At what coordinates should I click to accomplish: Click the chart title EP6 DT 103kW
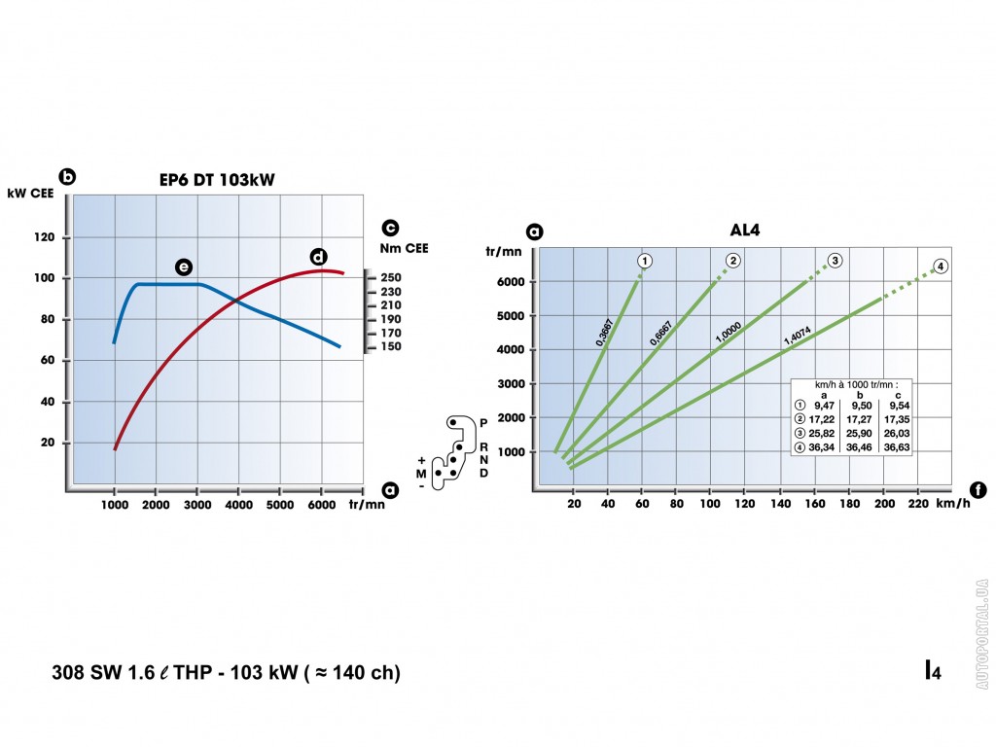(217, 179)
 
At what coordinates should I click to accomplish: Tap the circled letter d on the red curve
(318, 257)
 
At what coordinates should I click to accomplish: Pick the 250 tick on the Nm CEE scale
(391, 278)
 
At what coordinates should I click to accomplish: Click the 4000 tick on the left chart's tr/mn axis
(237, 505)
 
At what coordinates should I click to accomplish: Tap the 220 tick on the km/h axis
(917, 504)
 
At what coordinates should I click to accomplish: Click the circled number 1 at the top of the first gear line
(644, 260)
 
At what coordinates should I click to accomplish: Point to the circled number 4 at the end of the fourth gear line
(940, 267)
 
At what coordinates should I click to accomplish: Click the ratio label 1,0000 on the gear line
(728, 331)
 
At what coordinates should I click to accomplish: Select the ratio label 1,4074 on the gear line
(798, 336)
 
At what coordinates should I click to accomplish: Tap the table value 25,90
(859, 432)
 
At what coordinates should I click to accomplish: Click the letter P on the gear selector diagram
(483, 423)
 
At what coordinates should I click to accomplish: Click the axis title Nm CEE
(404, 248)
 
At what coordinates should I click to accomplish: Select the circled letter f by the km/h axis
(978, 490)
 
